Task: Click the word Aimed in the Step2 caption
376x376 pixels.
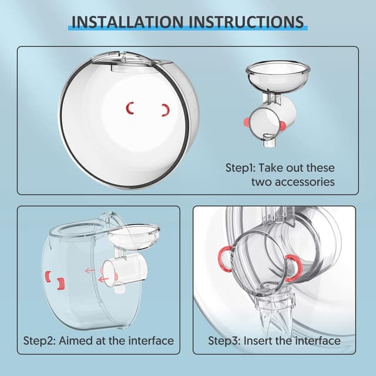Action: click(81, 340)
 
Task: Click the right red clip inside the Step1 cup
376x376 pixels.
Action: click(165, 109)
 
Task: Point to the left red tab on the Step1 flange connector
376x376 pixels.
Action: click(249, 120)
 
